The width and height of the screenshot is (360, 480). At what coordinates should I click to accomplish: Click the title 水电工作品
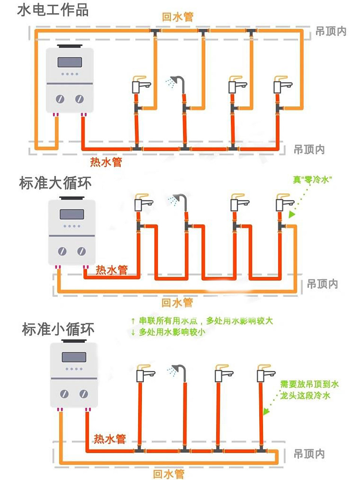[x=53, y=10]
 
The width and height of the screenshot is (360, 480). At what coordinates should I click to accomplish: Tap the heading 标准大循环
[x=55, y=184]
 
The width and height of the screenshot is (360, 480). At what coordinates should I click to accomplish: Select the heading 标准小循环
[x=58, y=329]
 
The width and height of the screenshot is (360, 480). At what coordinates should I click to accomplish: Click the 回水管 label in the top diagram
[x=178, y=17]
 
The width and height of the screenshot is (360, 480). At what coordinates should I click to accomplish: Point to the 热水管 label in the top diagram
[x=106, y=162]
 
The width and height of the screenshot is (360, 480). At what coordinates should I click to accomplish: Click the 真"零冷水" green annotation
[x=312, y=180]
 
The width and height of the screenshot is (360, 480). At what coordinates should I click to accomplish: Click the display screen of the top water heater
[x=70, y=61]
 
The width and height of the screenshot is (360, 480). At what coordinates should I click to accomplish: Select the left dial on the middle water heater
[x=62, y=251]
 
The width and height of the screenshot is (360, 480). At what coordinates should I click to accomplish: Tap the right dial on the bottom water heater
[x=84, y=394]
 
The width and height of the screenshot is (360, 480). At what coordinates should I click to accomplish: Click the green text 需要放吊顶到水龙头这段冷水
[x=309, y=390]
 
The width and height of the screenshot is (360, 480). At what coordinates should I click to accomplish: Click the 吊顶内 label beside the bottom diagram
[x=309, y=454]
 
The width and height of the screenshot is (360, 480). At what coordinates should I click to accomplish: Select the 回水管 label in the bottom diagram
[x=169, y=474]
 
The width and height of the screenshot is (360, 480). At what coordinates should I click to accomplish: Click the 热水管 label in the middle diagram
[x=112, y=270]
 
